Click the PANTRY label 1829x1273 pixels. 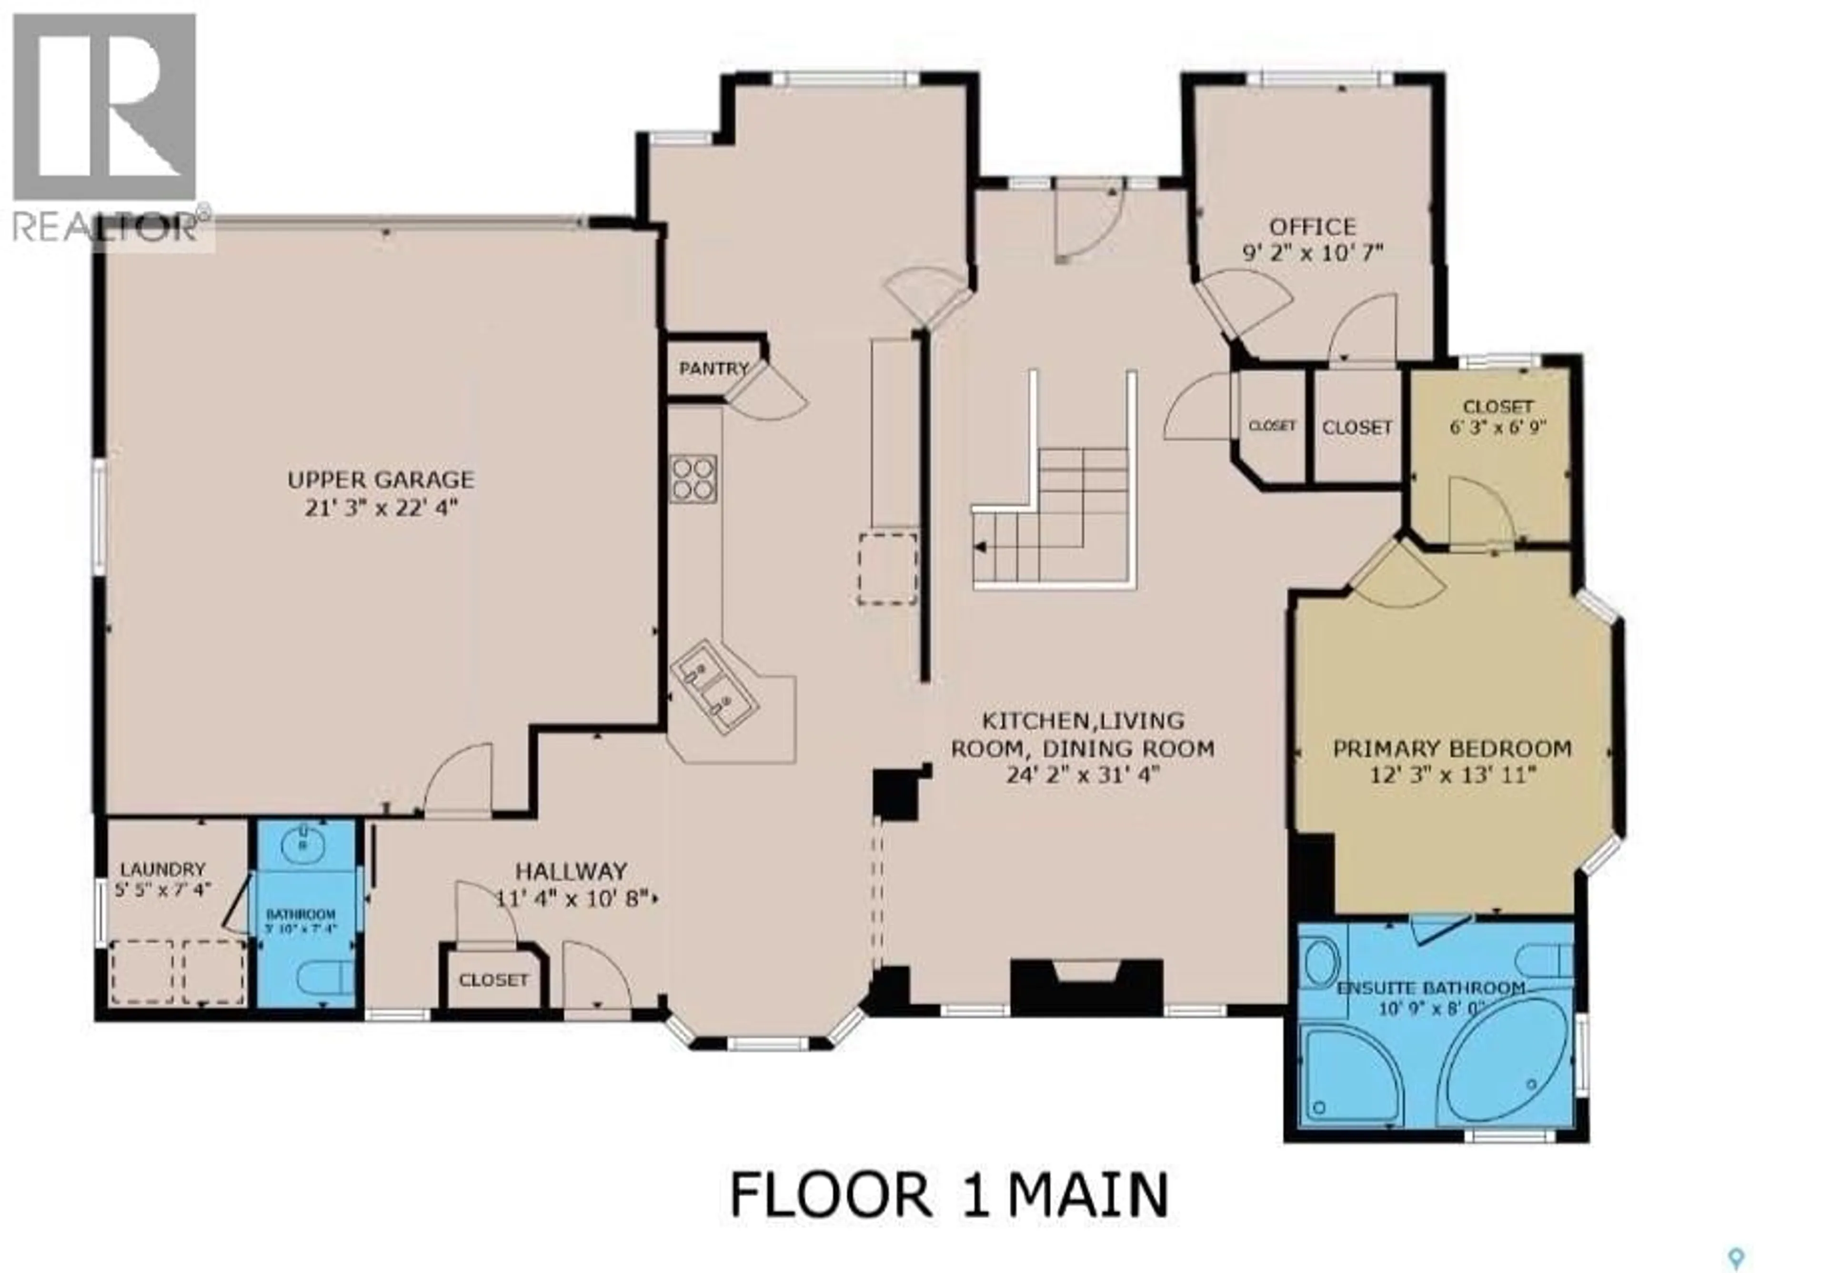pyautogui.click(x=713, y=369)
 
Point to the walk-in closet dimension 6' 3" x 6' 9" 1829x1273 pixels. pyautogui.click(x=1497, y=427)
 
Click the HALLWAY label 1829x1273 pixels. pyautogui.click(x=571, y=871)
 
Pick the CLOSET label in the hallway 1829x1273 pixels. pyautogui.click(x=493, y=980)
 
